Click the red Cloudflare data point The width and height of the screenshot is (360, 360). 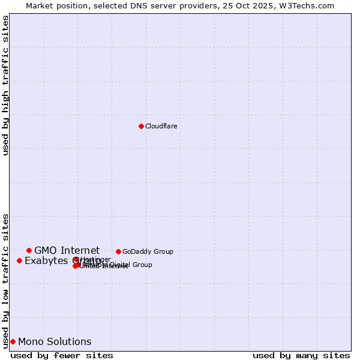click(x=141, y=126)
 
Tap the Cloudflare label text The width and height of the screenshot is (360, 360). click(x=161, y=126)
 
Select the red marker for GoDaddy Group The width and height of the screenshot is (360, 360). click(x=118, y=251)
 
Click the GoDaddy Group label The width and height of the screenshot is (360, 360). click(x=148, y=251)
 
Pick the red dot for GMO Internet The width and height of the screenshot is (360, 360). click(x=29, y=250)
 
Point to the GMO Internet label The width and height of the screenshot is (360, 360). click(x=67, y=250)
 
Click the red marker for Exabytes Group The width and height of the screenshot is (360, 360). click(x=19, y=260)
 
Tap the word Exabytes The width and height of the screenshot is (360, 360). click(x=47, y=260)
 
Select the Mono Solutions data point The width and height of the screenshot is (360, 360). click(x=13, y=341)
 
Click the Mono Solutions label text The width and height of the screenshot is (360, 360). click(x=55, y=341)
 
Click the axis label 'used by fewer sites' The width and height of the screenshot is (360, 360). click(x=62, y=355)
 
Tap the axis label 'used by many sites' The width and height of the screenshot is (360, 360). click(x=301, y=355)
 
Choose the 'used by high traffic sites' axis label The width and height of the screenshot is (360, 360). click(x=5, y=85)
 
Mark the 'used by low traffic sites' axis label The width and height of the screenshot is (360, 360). click(x=5, y=280)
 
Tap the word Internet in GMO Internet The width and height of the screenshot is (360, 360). click(x=79, y=250)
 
